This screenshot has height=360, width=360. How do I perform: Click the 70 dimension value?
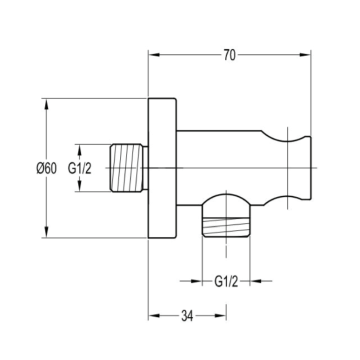coord(230,55)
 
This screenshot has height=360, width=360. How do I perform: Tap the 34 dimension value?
coord(187,316)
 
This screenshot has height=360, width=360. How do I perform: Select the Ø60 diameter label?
coord(46,168)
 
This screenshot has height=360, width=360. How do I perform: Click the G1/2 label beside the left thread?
coord(79,168)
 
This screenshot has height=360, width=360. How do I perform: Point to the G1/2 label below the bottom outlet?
coord(226,281)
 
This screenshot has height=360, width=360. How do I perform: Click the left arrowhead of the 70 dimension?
coord(154,55)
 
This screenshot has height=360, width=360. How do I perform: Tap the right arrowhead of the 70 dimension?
coord(305,55)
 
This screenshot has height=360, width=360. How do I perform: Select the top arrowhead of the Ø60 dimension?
coord(46,104)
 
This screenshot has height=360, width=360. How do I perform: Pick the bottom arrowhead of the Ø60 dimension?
coord(46,232)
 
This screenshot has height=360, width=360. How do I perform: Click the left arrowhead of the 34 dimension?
coord(154,315)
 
